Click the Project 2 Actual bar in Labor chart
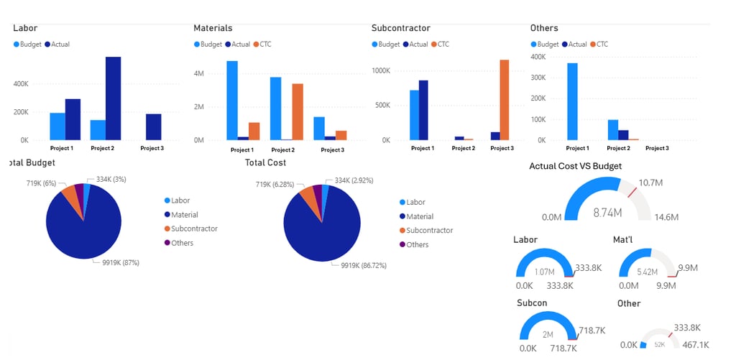coord(113,98)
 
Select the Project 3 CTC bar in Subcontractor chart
coord(504,100)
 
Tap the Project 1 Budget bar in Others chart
coord(572,101)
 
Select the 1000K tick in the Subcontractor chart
coord(380,70)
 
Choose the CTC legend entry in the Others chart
coord(599,45)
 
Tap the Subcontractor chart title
coord(400,28)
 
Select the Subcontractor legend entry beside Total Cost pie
coord(429,231)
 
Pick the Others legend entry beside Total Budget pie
coord(182,243)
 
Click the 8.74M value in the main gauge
coord(607,213)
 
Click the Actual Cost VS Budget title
coord(575,166)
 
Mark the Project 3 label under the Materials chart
coord(332,150)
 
